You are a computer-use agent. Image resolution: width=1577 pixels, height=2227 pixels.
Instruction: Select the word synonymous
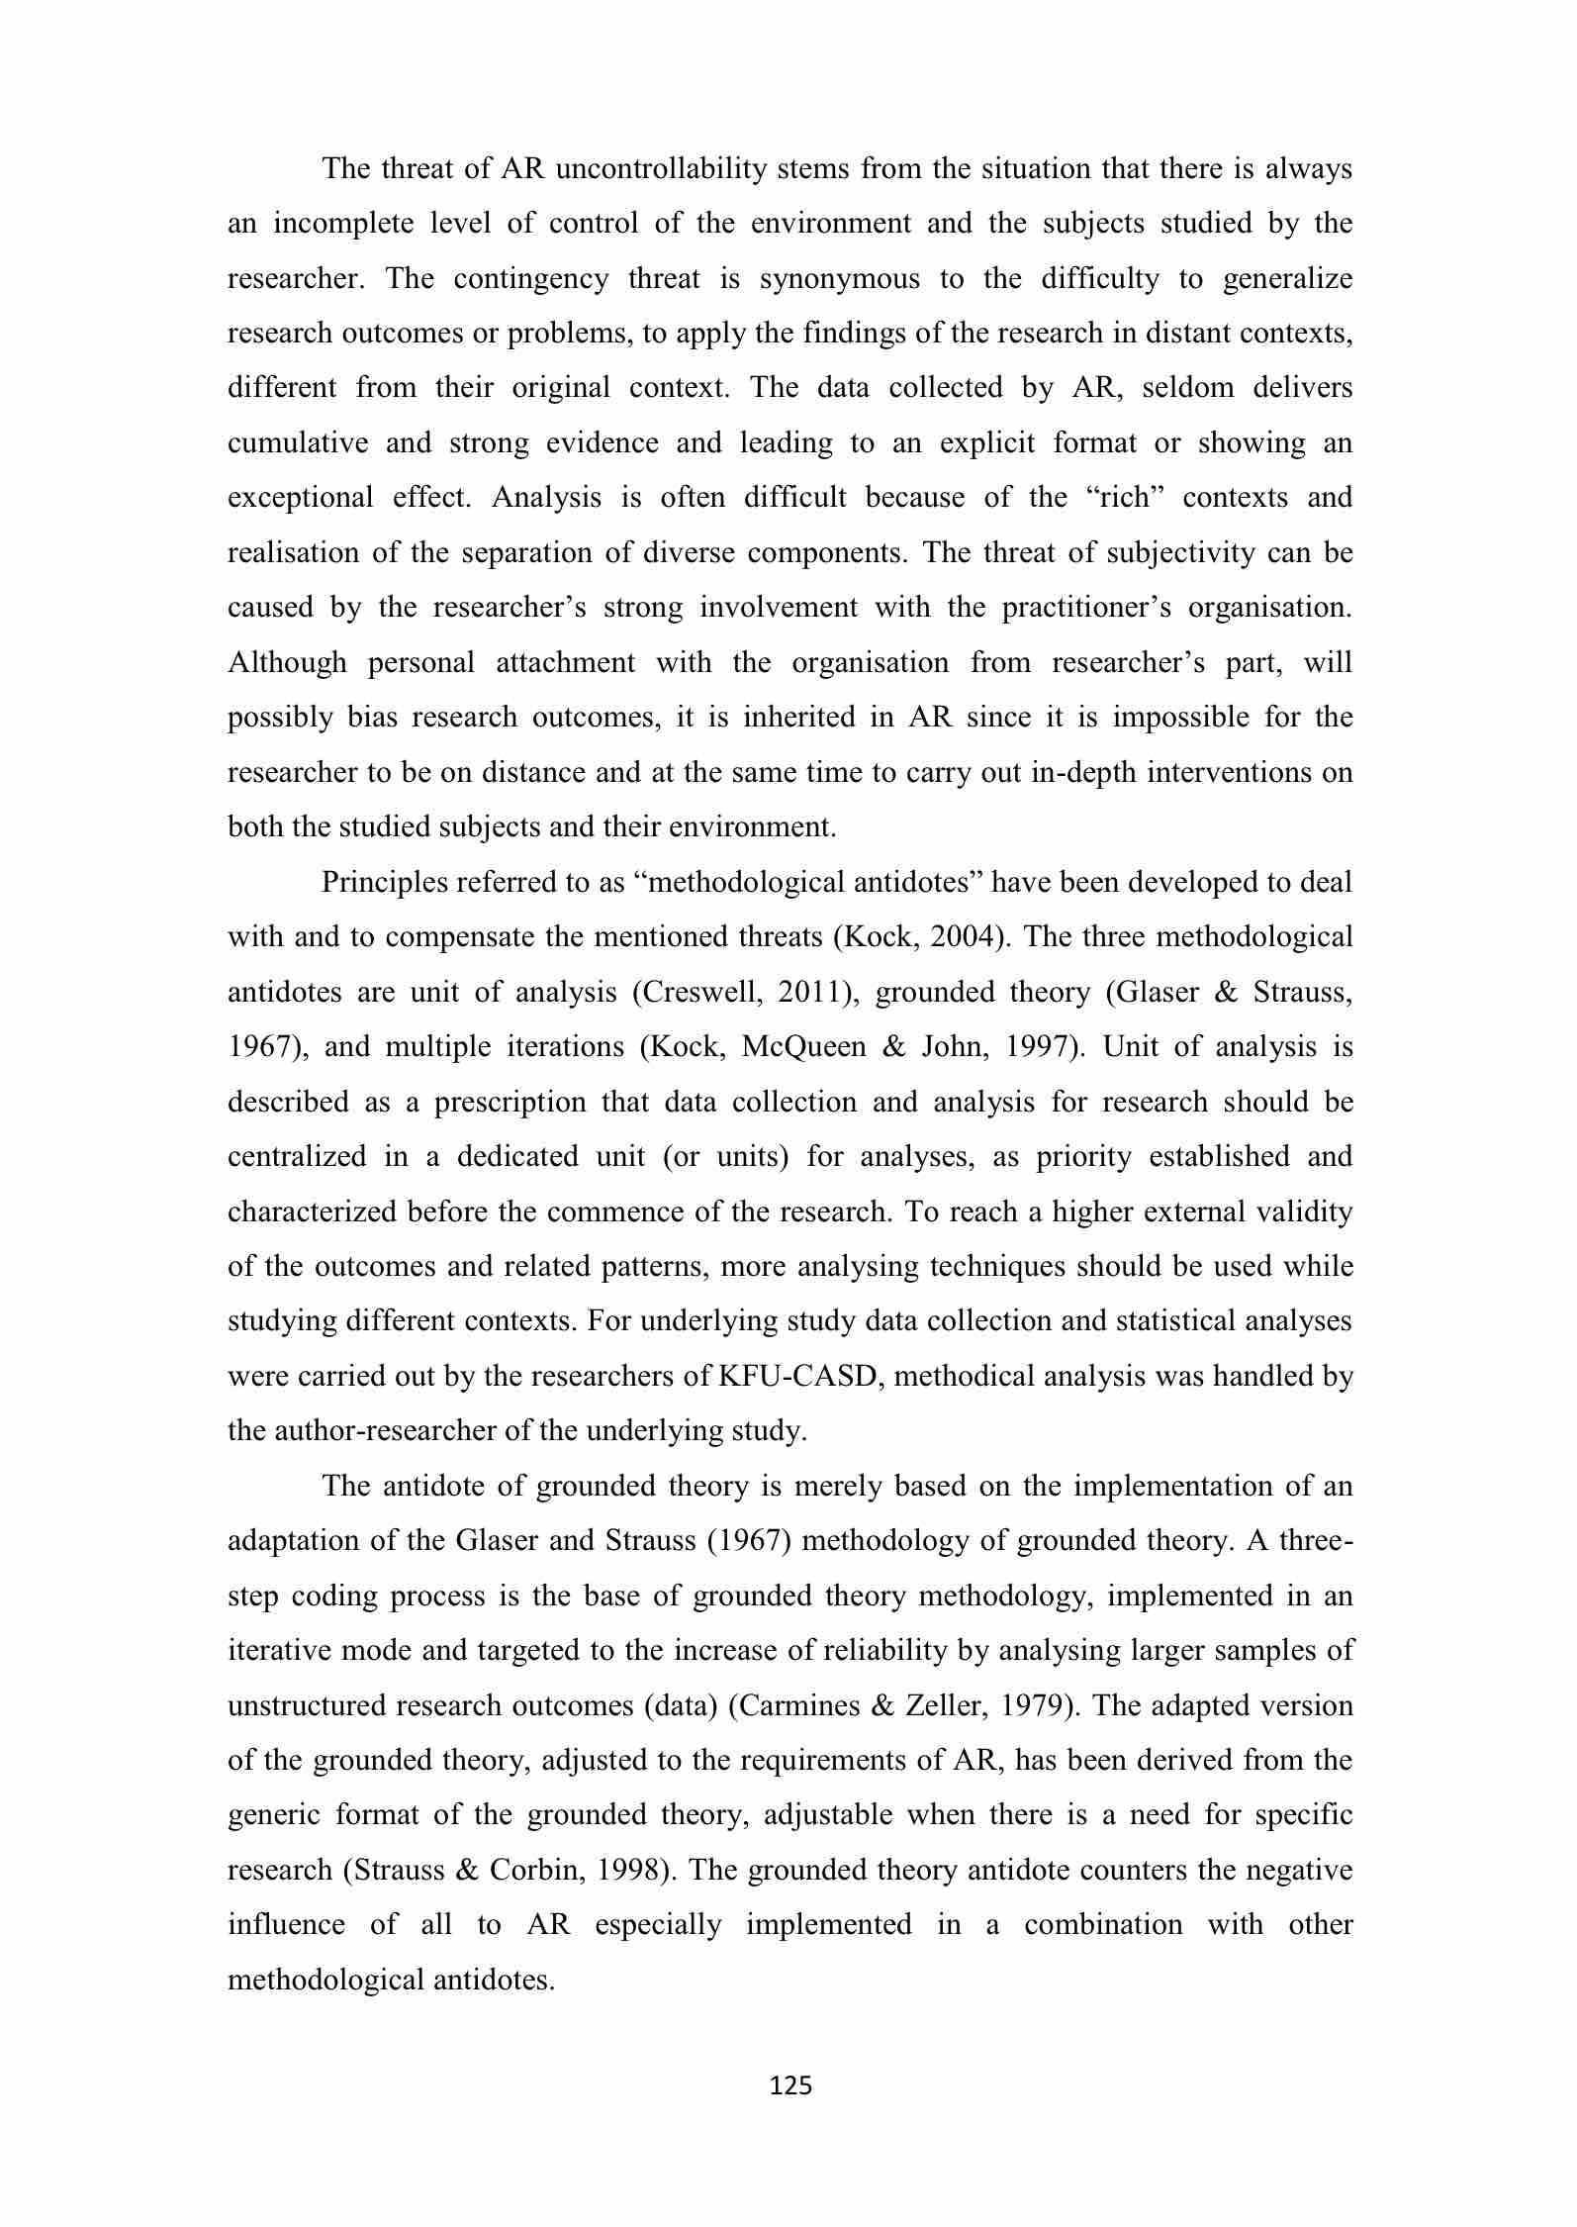point(839,279)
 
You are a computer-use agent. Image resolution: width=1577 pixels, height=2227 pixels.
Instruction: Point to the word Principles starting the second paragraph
point(384,883)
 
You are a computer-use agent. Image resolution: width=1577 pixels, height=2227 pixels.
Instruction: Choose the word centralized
point(297,1157)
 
